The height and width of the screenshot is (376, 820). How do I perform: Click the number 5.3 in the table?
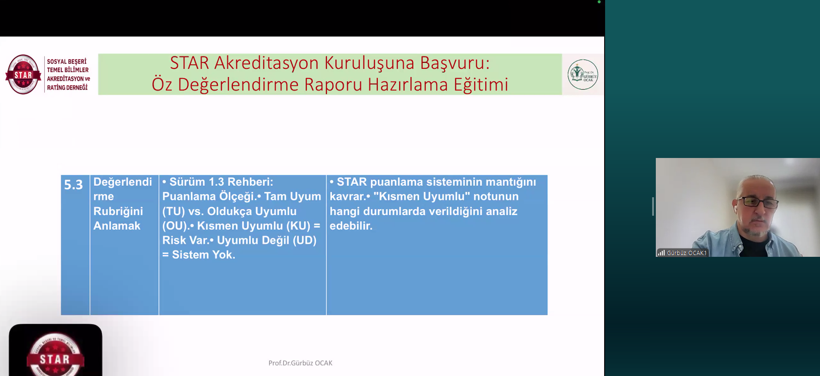point(73,185)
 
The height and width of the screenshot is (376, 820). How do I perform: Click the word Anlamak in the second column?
point(117,226)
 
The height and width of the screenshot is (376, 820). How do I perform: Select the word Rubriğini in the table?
point(118,211)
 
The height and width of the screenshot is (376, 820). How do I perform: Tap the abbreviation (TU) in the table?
point(173,211)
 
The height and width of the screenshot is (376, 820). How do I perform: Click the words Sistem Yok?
point(203,255)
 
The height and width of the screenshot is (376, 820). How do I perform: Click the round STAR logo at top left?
point(23,74)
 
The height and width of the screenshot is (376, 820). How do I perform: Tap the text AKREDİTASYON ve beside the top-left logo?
point(68,79)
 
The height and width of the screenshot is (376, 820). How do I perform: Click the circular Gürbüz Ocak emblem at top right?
point(582,74)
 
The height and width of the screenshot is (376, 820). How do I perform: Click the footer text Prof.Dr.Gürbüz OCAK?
point(300,363)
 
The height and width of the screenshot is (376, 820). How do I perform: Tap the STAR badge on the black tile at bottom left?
point(55,356)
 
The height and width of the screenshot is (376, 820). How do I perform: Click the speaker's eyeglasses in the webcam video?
point(758,202)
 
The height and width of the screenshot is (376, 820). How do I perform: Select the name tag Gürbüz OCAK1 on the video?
point(686,253)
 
